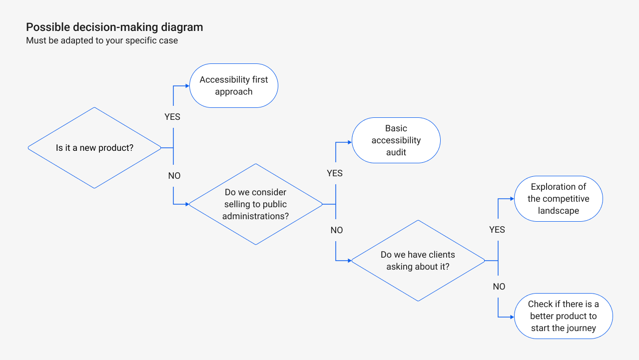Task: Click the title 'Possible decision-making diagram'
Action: (x=114, y=27)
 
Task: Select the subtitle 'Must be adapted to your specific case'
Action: (x=102, y=40)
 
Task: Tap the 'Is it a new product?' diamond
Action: (x=94, y=148)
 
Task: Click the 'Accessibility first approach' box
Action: (x=234, y=85)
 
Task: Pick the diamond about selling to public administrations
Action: (x=255, y=204)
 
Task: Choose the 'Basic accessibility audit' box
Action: (x=396, y=140)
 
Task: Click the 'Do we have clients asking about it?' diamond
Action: (x=418, y=261)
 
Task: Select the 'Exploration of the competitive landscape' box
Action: (x=559, y=199)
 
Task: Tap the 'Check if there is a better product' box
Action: (x=563, y=316)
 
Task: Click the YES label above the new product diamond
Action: (x=172, y=117)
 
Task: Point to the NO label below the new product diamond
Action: (x=174, y=176)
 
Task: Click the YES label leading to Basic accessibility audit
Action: (x=335, y=173)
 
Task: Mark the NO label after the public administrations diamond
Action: (x=337, y=230)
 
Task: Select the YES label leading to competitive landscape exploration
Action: (x=497, y=230)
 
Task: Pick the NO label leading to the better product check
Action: (x=499, y=287)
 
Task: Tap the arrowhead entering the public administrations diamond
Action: (x=187, y=204)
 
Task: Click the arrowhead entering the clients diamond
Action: (x=349, y=261)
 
